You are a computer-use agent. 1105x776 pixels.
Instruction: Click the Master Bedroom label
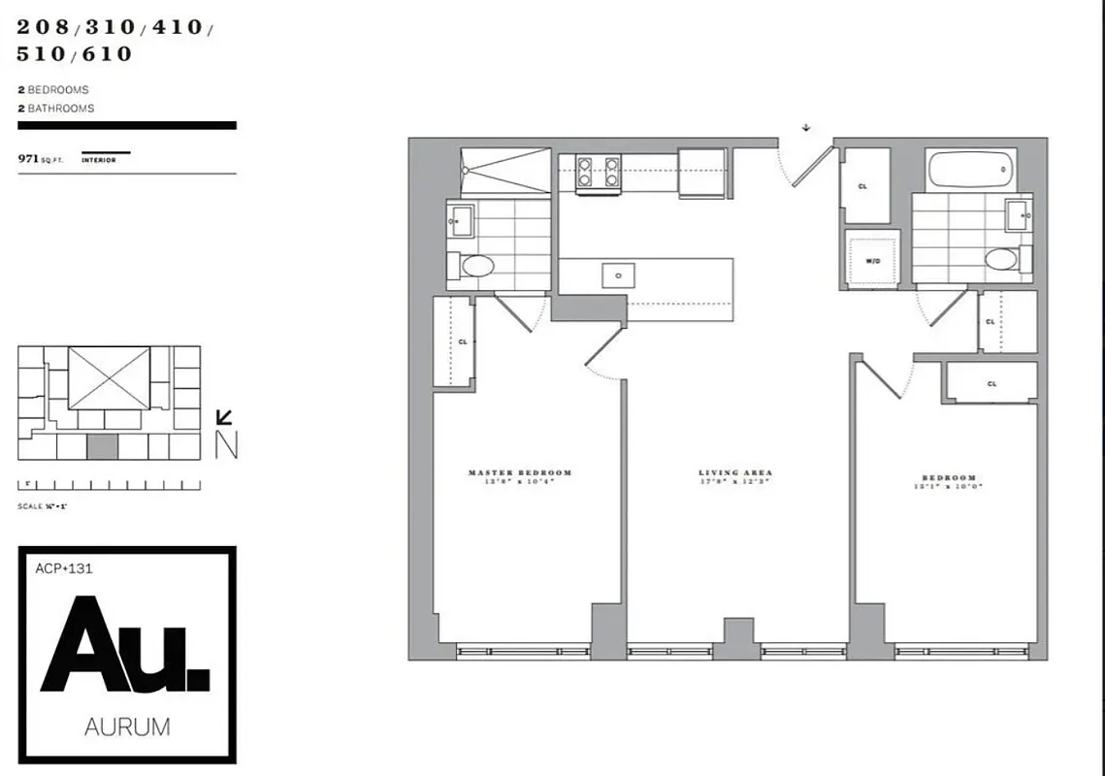pyautogui.click(x=520, y=473)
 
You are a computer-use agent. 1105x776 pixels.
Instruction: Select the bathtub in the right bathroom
pyautogui.click(x=970, y=171)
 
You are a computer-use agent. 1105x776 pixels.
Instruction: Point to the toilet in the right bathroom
pyautogui.click(x=1000, y=259)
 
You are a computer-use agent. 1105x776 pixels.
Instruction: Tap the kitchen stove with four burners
pyautogui.click(x=599, y=172)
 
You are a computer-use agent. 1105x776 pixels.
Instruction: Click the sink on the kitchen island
pyautogui.click(x=618, y=276)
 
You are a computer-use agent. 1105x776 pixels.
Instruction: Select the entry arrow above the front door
pyautogui.click(x=805, y=127)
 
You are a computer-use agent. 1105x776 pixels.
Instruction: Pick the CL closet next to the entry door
pyautogui.click(x=864, y=185)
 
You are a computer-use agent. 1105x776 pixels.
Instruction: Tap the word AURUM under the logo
pyautogui.click(x=127, y=726)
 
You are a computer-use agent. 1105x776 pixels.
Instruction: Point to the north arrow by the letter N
pyautogui.click(x=224, y=418)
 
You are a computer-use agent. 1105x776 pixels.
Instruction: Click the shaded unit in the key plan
pyautogui.click(x=102, y=446)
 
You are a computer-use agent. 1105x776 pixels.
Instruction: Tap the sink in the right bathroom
pyautogui.click(x=1019, y=215)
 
